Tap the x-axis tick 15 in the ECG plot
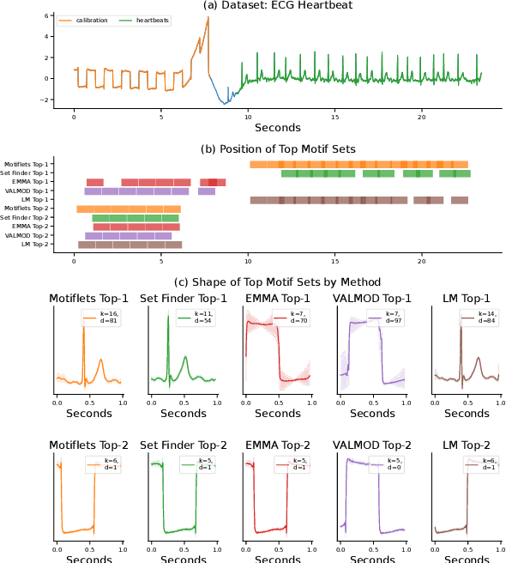334,117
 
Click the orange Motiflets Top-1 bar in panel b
358,164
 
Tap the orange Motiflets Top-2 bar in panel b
129,209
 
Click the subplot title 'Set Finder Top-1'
183,299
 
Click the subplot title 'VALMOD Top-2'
372,445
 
